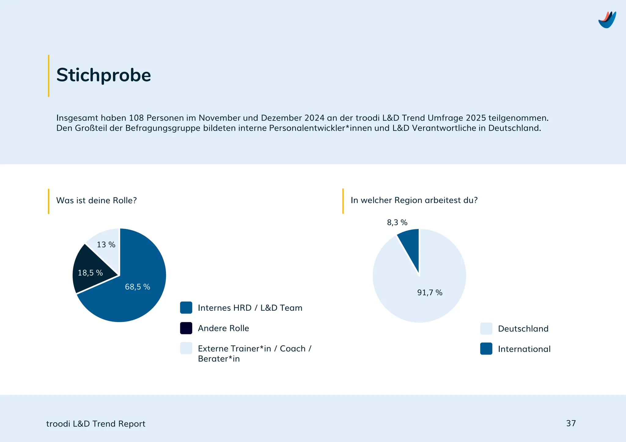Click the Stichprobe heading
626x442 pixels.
103,75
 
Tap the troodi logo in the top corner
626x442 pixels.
607,20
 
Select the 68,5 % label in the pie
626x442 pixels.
138,287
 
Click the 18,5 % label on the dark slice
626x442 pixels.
90,273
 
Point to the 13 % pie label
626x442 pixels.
106,245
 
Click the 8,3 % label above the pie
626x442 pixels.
397,223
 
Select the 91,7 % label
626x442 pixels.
430,293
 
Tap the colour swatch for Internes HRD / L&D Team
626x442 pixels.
186,308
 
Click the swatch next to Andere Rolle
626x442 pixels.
186,328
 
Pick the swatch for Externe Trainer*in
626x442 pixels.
186,348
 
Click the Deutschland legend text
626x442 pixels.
523,329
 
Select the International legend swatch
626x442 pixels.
486,349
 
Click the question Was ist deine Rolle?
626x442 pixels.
97,200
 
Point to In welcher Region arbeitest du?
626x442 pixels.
414,200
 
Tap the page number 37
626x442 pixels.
571,423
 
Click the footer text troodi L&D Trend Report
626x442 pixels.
96,424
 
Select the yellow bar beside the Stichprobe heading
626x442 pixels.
49,76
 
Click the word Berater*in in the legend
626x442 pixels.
219,359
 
